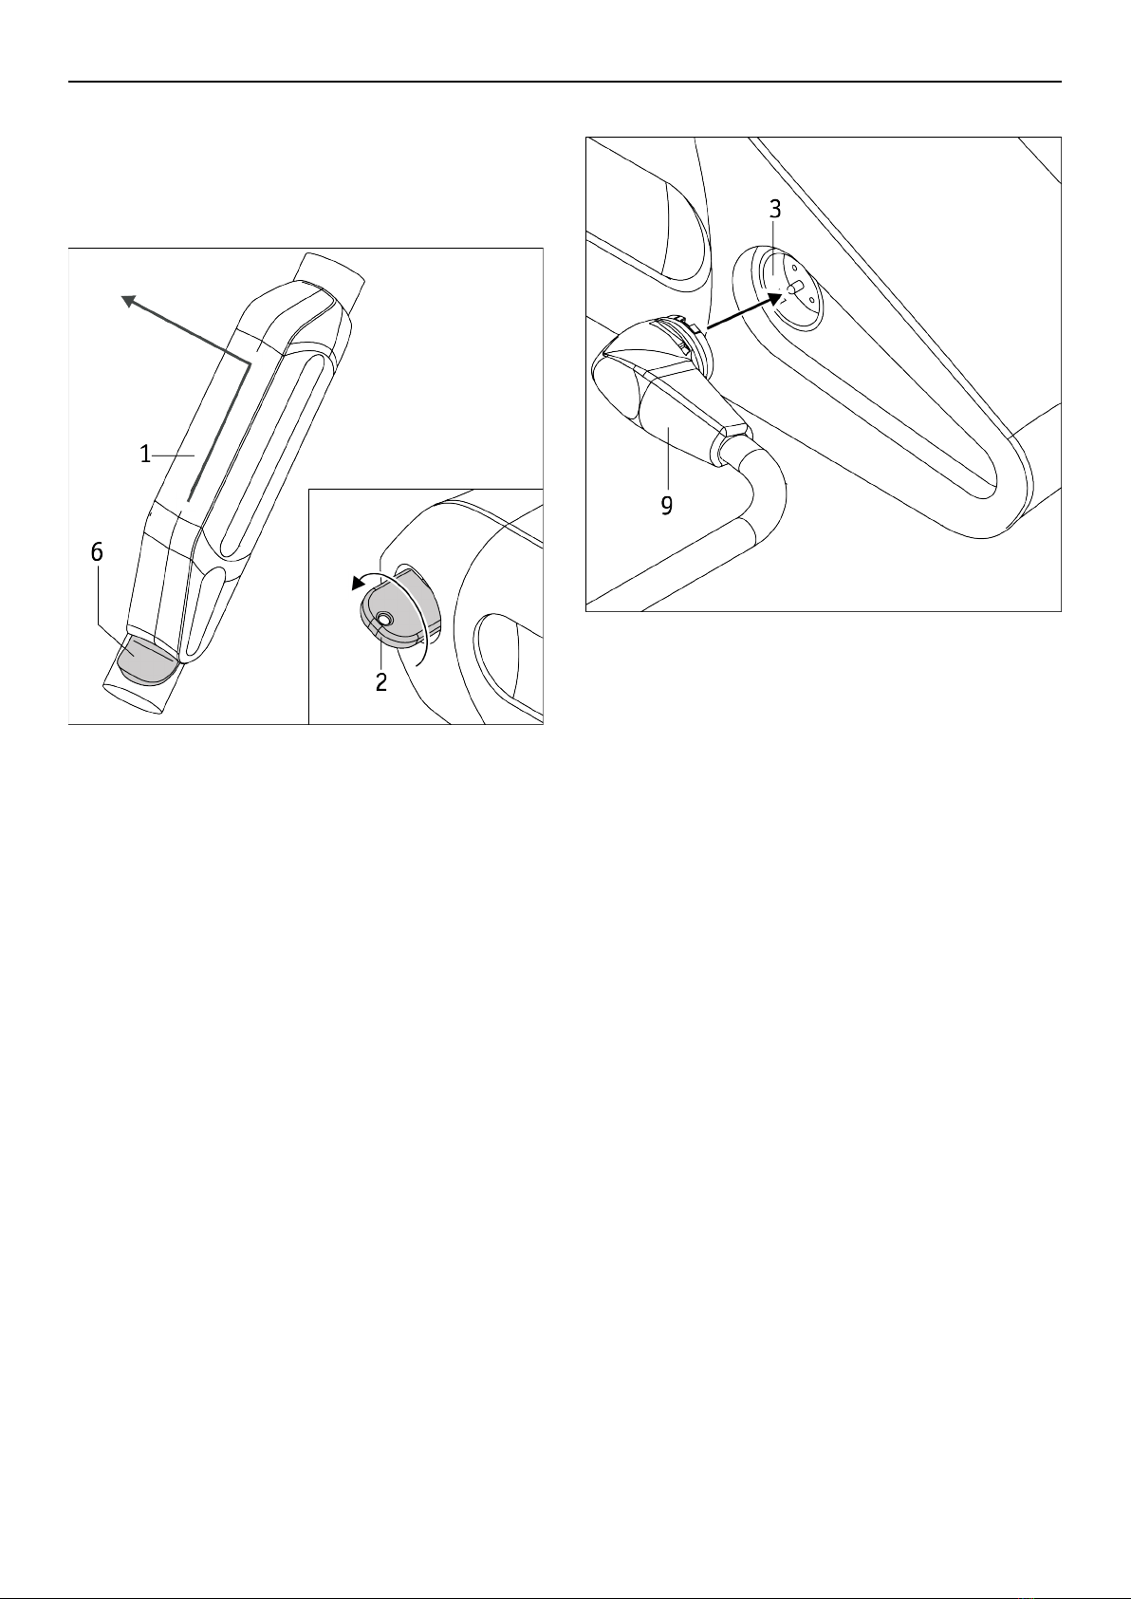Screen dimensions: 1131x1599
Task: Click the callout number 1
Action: [145, 454]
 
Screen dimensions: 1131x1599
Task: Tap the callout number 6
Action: [97, 551]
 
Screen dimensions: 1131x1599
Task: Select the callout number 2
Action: [381, 681]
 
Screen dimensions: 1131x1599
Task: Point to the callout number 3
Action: [775, 209]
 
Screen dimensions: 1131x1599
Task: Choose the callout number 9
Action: [666, 506]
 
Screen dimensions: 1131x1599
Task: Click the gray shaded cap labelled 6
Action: [148, 660]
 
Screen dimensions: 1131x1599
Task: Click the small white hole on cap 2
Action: [384, 620]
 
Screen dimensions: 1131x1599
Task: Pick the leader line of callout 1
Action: [174, 455]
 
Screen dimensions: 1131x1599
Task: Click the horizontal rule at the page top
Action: [565, 83]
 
